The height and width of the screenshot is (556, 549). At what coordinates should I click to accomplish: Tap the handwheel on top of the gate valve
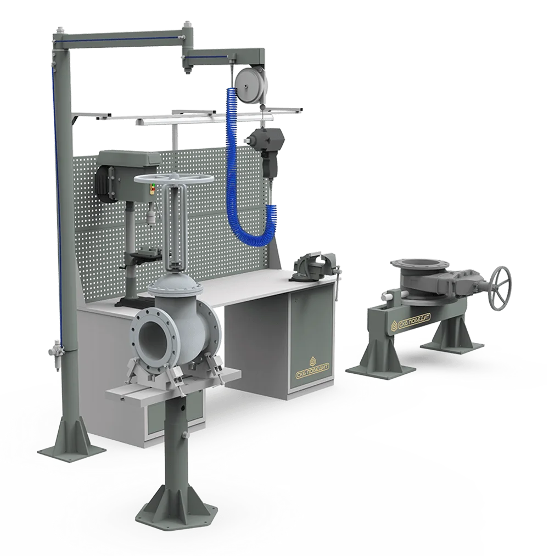tap(174, 178)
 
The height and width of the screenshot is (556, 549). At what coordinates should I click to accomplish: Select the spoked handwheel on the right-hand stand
tap(500, 288)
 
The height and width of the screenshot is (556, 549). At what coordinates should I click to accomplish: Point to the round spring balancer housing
tap(252, 85)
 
